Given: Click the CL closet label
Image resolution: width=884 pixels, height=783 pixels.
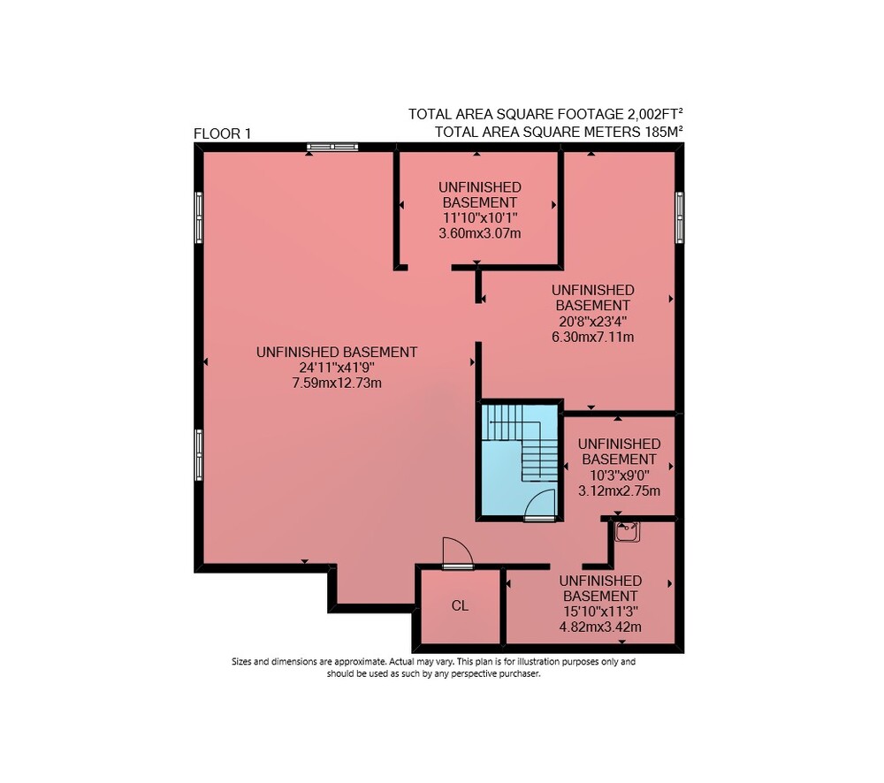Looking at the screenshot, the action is pos(460,606).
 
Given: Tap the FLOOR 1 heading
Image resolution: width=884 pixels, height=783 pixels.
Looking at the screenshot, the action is pos(222,133).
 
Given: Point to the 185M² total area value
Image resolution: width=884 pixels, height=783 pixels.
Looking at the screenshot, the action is pos(663,132).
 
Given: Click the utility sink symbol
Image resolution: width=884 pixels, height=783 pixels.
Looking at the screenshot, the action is pos(627,532).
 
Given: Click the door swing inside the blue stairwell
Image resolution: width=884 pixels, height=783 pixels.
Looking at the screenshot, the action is pos(540,504).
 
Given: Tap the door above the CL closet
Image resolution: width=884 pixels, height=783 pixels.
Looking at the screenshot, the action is pos(457,553).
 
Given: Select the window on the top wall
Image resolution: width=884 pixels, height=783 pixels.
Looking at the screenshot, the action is pos(332,147).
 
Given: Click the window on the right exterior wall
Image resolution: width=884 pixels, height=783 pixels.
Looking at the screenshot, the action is pos(680,217).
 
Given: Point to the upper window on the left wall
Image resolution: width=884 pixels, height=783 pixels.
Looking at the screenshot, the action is pos(198,217).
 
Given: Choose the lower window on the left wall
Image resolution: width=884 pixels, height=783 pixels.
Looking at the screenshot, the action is pos(198,455).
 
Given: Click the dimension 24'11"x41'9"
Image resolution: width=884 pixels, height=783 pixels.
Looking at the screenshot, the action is pos(337,368).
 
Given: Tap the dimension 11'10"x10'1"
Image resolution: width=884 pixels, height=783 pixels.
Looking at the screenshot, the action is pos(480,217).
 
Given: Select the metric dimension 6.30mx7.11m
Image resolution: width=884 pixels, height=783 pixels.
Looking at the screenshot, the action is pos(592,337).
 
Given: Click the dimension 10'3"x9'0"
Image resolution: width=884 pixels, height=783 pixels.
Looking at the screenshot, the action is pos(619,475).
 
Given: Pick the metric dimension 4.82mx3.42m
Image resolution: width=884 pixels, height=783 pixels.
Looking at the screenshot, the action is pos(600,627).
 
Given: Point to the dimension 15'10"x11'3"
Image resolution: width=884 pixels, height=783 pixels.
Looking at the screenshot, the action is pos(600,612).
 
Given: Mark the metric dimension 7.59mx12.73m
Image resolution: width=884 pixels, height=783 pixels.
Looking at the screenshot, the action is pos(337,384).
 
